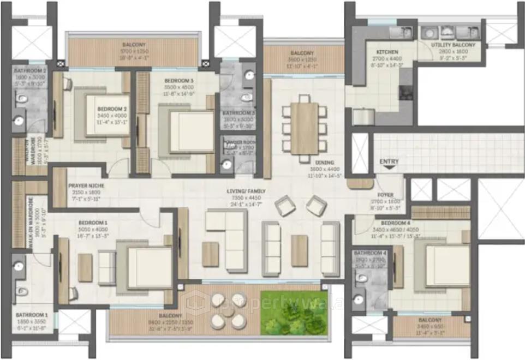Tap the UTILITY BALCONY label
click(x=452, y=45)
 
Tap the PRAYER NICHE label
click(x=86, y=186)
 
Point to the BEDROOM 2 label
click(x=112, y=109)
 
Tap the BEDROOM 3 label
click(x=178, y=81)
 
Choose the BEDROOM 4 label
click(x=396, y=224)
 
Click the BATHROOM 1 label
click(x=31, y=315)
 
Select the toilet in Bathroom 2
click(x=21, y=99)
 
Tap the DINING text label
click(x=324, y=162)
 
